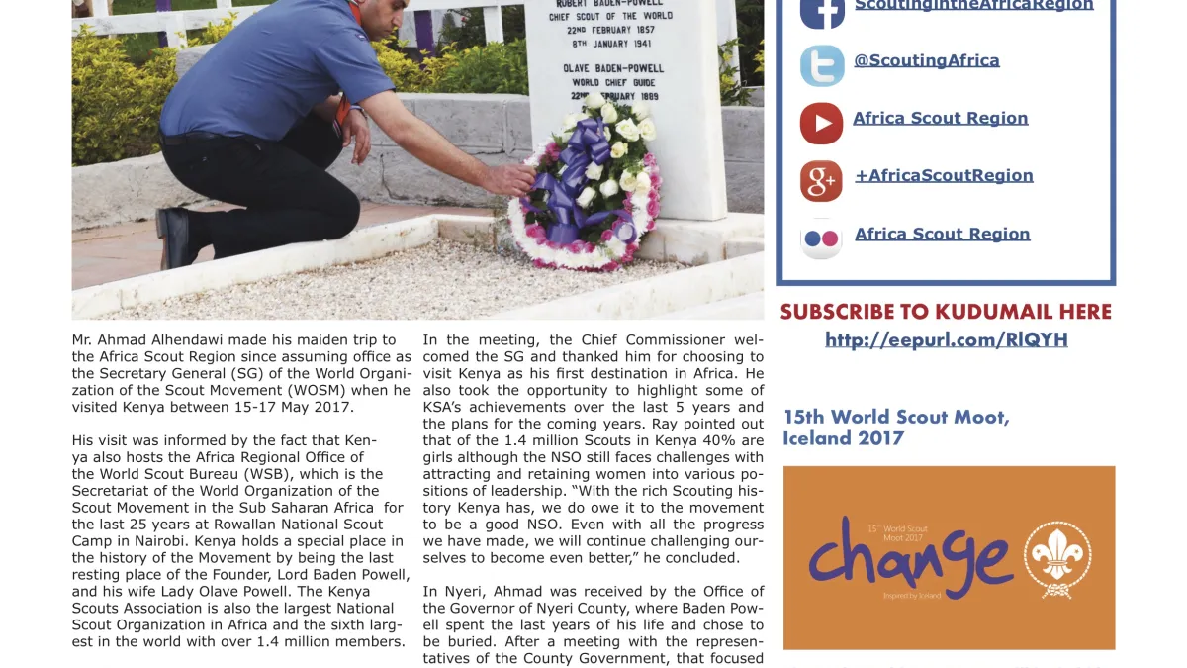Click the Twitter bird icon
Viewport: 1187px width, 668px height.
822,65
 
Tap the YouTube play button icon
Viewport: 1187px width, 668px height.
821,124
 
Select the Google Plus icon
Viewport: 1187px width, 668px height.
821,181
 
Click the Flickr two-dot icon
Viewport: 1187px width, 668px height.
821,239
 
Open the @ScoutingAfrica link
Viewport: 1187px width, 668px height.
926,60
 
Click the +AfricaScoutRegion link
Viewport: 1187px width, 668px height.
943,175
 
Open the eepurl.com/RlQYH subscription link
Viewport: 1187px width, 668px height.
947,339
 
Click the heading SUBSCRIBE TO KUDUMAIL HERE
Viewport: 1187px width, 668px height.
946,312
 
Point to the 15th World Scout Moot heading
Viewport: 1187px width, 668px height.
895,427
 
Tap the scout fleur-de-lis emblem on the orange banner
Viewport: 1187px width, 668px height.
1056,557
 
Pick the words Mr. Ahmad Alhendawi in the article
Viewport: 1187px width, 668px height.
147,339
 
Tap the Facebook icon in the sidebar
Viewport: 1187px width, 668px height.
822,10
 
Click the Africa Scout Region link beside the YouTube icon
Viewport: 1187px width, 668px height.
940,118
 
